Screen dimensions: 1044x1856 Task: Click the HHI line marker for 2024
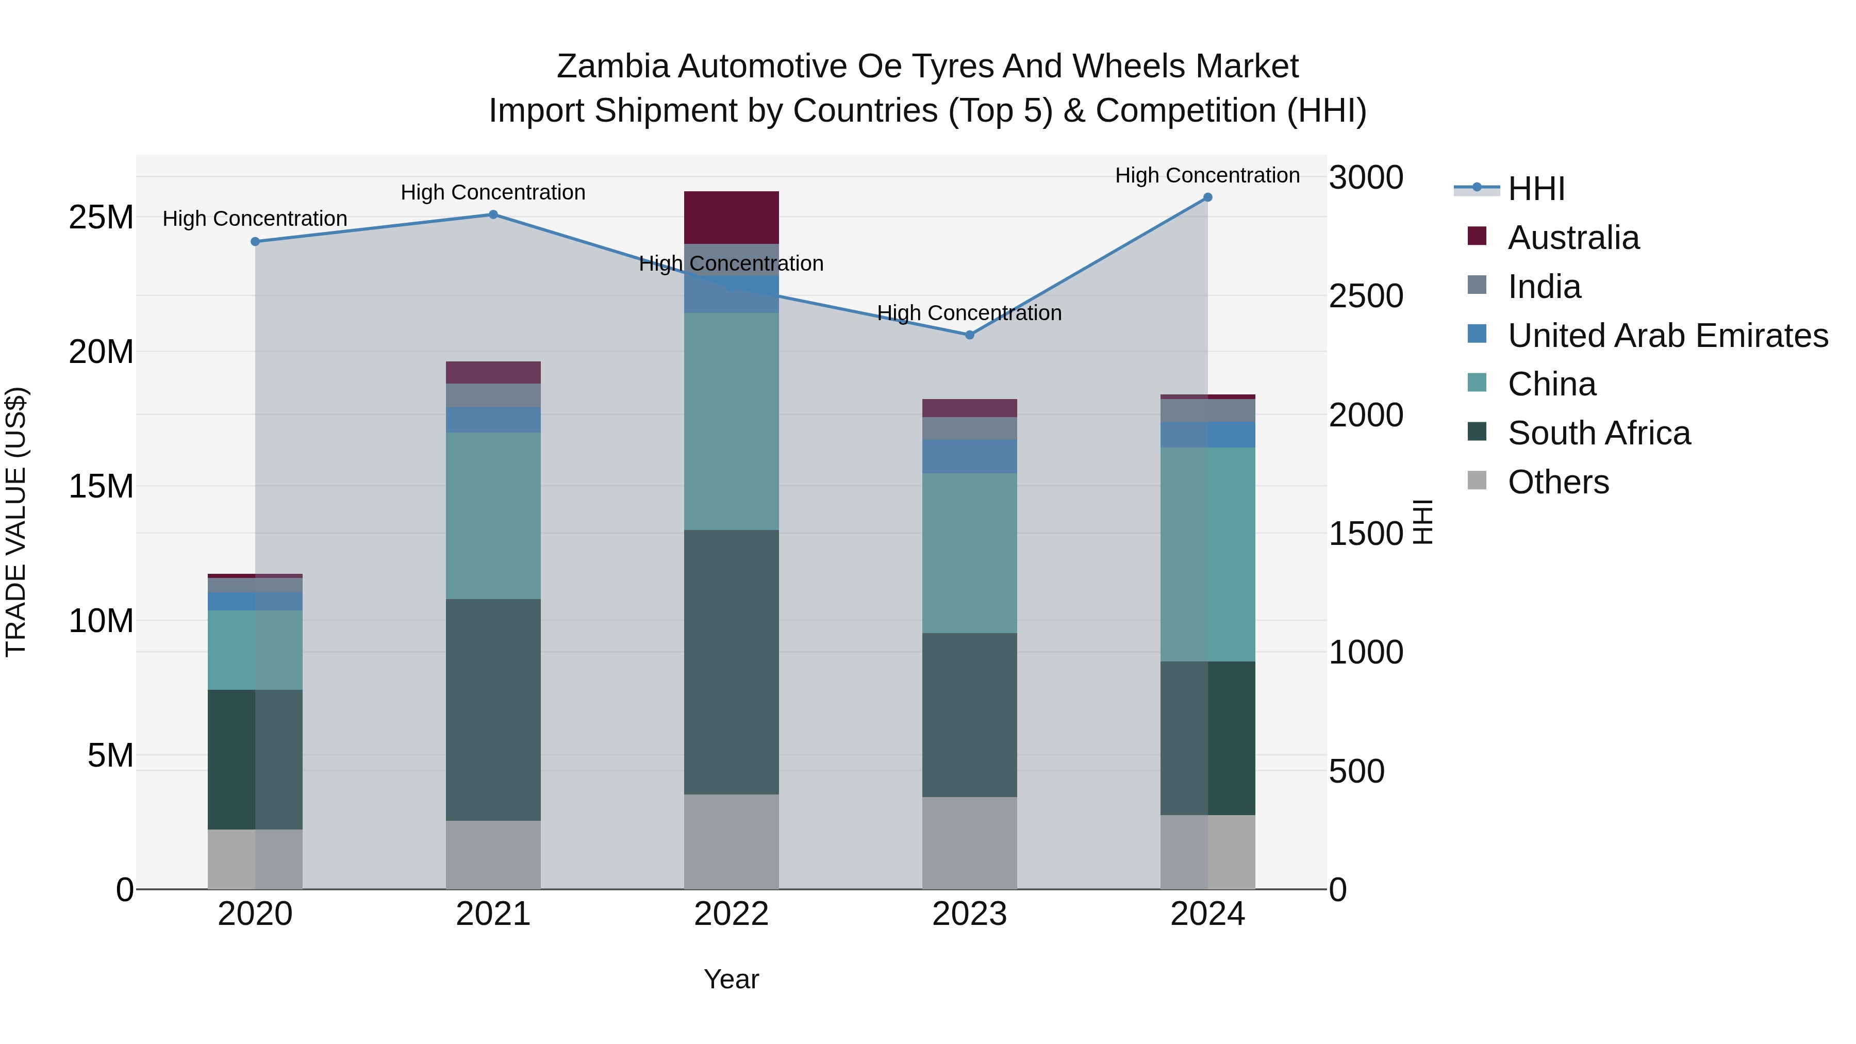pos(1207,197)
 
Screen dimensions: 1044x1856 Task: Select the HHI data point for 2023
pos(969,335)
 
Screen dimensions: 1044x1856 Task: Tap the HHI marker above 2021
pos(493,214)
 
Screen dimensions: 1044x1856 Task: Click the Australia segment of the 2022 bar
pos(731,218)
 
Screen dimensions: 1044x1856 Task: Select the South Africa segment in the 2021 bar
pos(493,710)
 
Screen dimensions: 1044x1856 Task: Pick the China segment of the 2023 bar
pos(969,553)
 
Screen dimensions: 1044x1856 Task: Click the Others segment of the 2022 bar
pos(731,841)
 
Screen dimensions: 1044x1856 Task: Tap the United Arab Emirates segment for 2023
pos(969,457)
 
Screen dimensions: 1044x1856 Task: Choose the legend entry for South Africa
pos(1599,433)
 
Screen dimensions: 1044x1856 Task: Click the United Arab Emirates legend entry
pos(1667,336)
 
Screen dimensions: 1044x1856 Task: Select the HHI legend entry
pos(1535,189)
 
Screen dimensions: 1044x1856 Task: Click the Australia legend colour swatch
pos(1477,236)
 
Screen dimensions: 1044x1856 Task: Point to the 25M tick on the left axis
pos(101,218)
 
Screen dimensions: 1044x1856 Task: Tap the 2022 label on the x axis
pos(731,914)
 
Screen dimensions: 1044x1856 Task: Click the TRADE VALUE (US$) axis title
pos(16,522)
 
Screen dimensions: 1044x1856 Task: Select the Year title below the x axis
pos(731,979)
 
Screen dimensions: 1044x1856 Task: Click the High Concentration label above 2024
pos(1207,175)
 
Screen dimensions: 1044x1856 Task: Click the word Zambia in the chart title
pos(613,67)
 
